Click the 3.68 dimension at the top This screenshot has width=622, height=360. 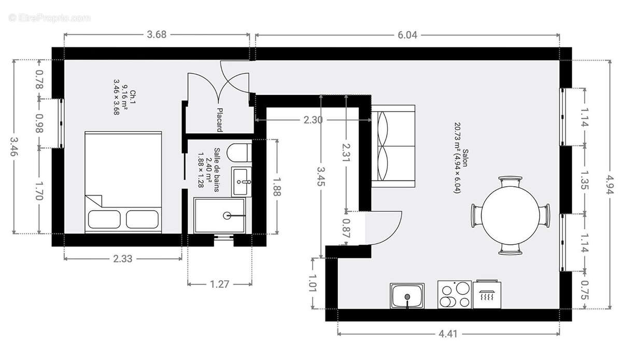point(157,35)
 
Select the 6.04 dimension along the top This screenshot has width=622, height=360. point(408,35)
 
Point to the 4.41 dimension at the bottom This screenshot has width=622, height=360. point(448,334)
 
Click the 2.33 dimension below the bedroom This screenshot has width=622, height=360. point(122,258)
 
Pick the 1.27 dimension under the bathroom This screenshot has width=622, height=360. point(220,284)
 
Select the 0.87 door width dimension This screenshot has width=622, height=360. point(346,228)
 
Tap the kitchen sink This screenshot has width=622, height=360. point(407,296)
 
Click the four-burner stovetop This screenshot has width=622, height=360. point(455,295)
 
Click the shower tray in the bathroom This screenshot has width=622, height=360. point(220,215)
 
